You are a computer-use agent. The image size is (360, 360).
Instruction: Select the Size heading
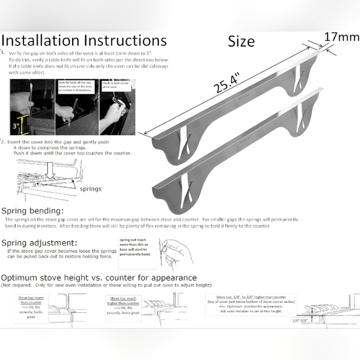click(241, 42)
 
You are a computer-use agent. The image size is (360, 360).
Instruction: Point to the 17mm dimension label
click(341, 37)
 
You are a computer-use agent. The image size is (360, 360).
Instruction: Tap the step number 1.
click(3, 53)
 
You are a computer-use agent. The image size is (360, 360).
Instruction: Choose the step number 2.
click(3, 142)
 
